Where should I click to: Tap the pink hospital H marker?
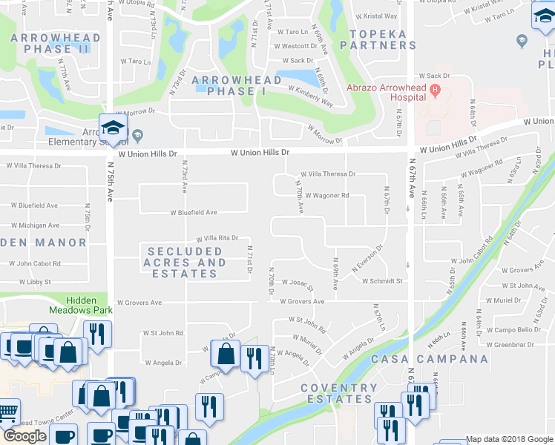[436, 91]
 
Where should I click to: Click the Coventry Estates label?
[339, 393]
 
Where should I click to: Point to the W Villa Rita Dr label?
[217, 238]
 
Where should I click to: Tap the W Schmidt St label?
[382, 281]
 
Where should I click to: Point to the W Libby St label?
[30, 282]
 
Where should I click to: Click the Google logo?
[24, 436]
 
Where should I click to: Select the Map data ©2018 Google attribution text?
[509, 439]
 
